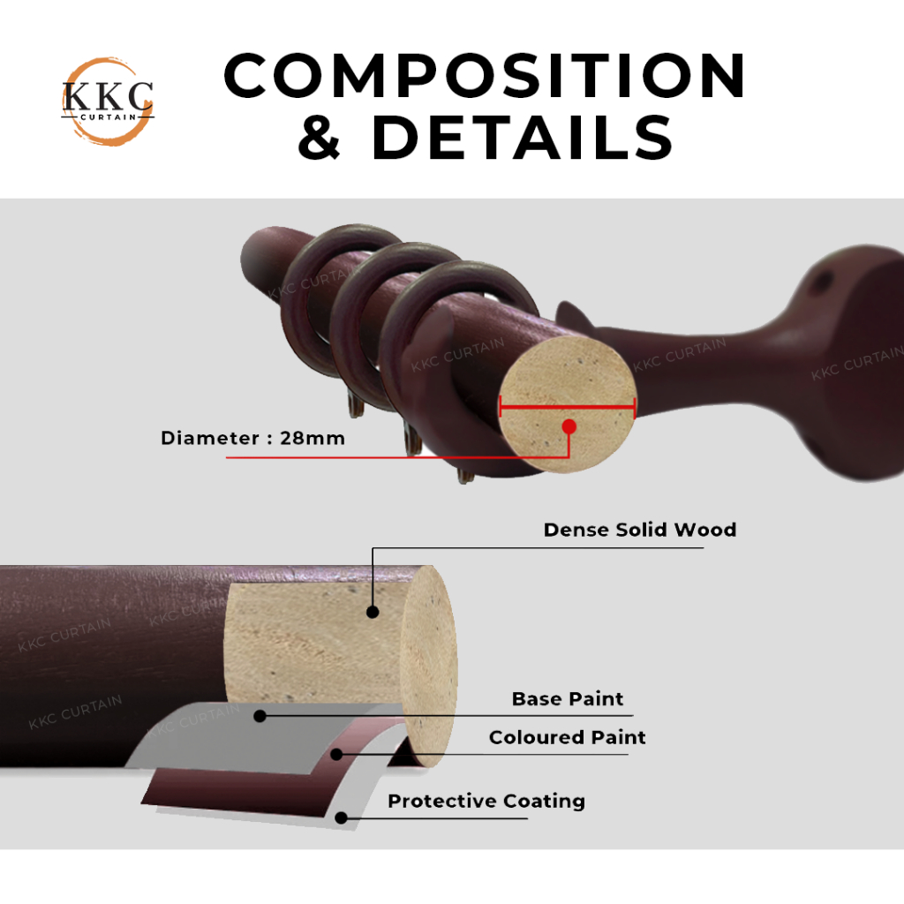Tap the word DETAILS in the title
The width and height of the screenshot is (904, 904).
pos(523,137)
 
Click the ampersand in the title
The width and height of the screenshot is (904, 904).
pos(319,138)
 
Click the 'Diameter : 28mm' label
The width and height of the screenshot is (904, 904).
pos(252,438)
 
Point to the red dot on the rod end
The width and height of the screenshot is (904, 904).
pos(569,426)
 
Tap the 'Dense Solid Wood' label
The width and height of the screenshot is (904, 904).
pos(639,530)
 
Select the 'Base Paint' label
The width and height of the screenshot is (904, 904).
pos(568,699)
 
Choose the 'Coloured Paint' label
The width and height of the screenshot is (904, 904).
pos(567,737)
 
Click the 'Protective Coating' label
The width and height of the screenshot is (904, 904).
pos(486,801)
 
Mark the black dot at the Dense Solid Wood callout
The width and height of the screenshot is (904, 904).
pos(373,611)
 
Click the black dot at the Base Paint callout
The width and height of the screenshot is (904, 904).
pos(260,716)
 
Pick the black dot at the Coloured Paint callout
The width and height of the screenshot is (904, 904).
pos(337,754)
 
